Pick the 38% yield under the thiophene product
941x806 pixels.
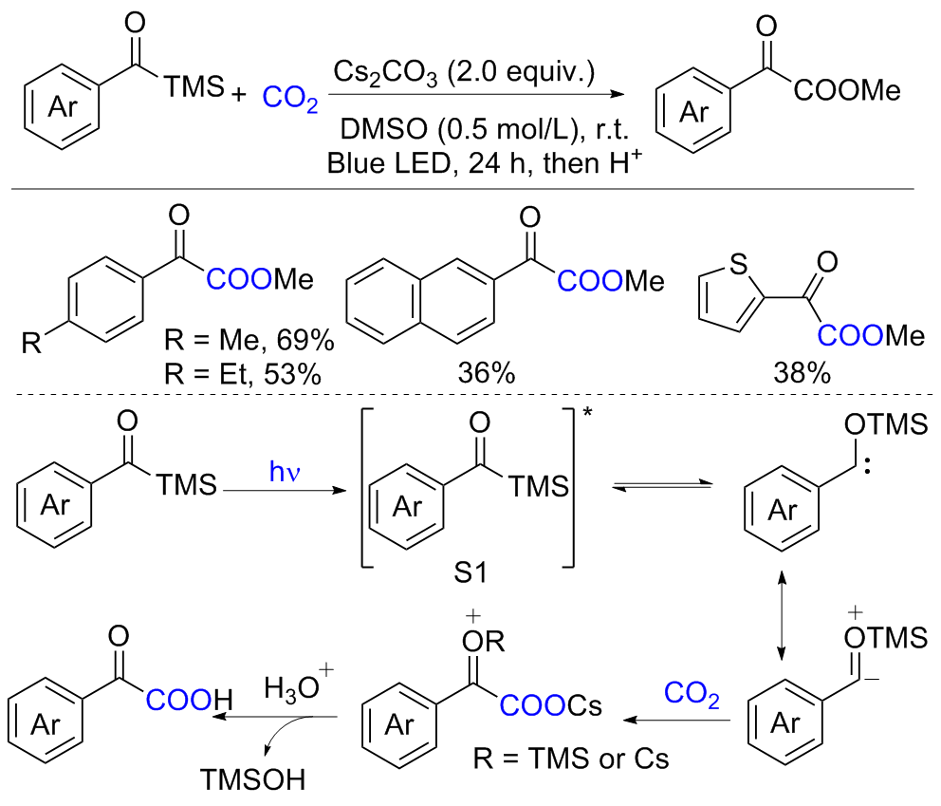(801, 372)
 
